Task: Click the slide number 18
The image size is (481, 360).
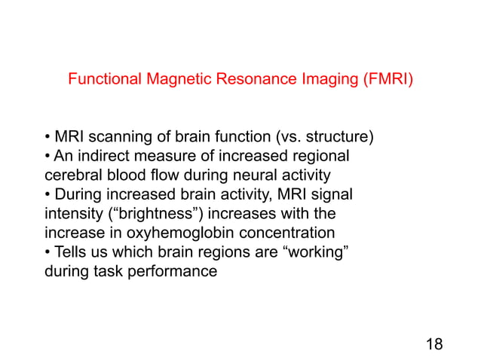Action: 434,345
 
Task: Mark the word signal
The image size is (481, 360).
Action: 329,195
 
